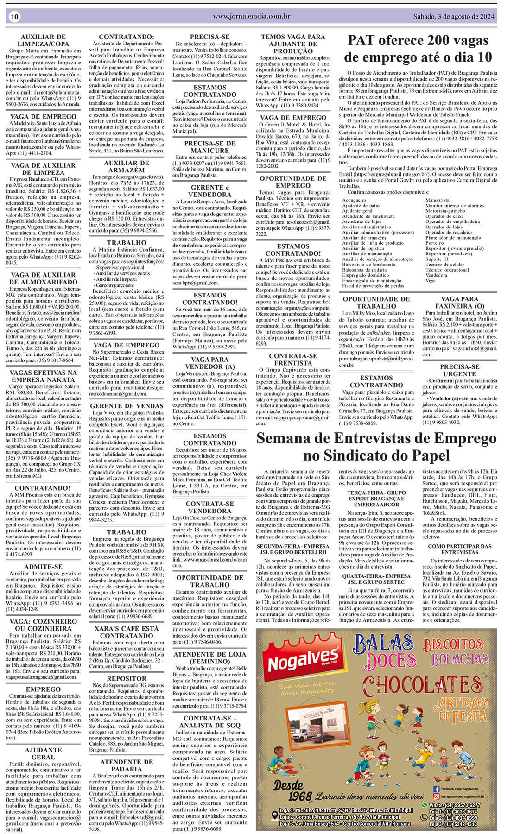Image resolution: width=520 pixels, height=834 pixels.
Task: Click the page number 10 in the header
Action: pos(14,17)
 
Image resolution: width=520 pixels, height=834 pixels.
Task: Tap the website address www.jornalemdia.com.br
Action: pos(252,16)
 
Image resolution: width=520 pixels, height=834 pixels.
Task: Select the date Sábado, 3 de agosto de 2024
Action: pos(454,16)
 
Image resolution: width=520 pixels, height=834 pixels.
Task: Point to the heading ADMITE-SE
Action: pos(43,567)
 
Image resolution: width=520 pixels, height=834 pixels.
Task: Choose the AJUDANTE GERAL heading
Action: pos(43,754)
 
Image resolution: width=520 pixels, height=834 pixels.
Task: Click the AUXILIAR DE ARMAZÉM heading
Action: pos(127,166)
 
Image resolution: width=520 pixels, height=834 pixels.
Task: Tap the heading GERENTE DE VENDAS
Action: pos(127,406)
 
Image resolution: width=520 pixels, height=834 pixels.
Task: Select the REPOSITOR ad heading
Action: pos(127,678)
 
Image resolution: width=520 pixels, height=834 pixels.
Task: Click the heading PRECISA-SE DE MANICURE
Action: pos(210,147)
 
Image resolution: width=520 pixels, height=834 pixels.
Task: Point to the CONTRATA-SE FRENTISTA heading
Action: pos(293,359)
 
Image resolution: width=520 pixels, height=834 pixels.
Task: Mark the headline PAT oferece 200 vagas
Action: pos(418,41)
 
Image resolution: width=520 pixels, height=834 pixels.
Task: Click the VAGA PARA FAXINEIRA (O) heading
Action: pos(459,303)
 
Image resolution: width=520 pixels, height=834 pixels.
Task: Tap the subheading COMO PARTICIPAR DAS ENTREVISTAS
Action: pos(459,549)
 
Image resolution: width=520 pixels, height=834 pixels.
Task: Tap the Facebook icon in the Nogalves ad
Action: pos(436,789)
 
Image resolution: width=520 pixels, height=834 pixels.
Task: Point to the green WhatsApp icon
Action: pos(424,805)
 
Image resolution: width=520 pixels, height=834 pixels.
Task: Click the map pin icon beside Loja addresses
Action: pos(275,815)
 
